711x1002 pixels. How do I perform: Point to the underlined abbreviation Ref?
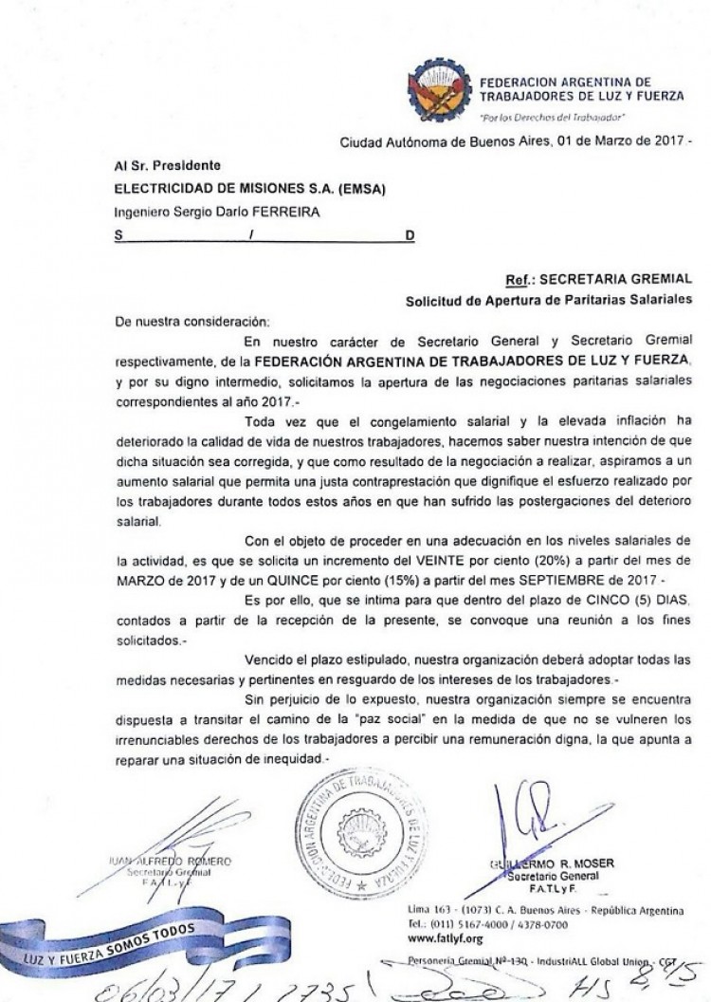click(x=520, y=280)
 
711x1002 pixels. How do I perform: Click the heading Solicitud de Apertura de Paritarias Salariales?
click(x=549, y=300)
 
